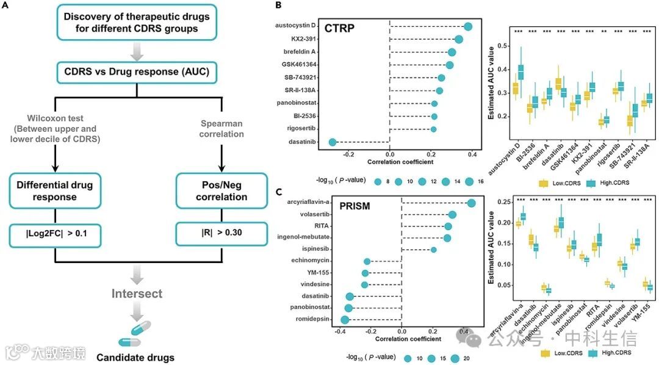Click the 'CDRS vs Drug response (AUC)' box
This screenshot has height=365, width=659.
[137, 71]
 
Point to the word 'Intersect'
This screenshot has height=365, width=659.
[137, 294]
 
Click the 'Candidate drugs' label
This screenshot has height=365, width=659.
[135, 357]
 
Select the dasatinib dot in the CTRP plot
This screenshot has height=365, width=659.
[333, 142]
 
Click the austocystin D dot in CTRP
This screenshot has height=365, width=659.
[468, 26]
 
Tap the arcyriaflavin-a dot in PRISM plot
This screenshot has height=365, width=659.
[471, 203]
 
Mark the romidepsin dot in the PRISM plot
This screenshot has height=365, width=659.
[345, 319]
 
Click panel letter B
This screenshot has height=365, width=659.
[278, 5]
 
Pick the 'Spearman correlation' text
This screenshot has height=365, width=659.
[221, 129]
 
